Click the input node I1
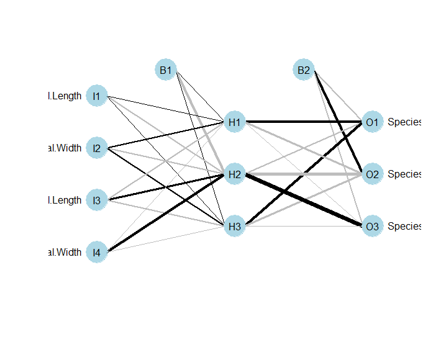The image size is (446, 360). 96,96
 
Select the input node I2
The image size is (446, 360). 96,148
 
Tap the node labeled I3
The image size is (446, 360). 96,200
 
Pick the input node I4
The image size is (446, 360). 96,253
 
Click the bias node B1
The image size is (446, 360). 165,70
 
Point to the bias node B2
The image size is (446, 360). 303,70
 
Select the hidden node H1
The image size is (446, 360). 234,122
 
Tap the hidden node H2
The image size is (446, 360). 234,174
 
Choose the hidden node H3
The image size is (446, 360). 234,227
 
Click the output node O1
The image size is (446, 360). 372,122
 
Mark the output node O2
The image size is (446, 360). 372,174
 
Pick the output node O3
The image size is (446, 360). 372,227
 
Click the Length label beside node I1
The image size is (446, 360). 65,96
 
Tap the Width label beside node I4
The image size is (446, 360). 65,253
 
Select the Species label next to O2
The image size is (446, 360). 404,174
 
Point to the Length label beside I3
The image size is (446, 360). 65,200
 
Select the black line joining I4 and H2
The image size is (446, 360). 165,214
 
